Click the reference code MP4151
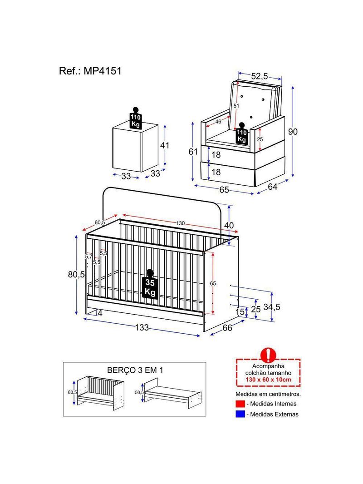click(103, 71)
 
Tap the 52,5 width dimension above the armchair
click(260, 76)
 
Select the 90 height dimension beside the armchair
click(293, 132)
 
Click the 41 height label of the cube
click(165, 145)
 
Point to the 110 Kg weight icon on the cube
click(135, 118)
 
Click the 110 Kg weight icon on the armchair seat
click(242, 133)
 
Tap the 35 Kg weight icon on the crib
click(150, 284)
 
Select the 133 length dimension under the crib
click(142, 327)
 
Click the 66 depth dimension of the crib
click(227, 327)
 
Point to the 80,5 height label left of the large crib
click(76, 274)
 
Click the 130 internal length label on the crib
click(181, 223)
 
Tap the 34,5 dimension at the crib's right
click(272, 307)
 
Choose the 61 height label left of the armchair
click(193, 152)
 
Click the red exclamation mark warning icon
click(268, 355)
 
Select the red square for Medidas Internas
click(240, 404)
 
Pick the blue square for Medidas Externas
click(240, 414)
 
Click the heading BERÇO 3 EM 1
click(135, 370)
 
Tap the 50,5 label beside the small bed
click(139, 392)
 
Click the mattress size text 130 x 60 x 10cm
click(268, 380)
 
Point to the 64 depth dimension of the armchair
click(273, 187)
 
